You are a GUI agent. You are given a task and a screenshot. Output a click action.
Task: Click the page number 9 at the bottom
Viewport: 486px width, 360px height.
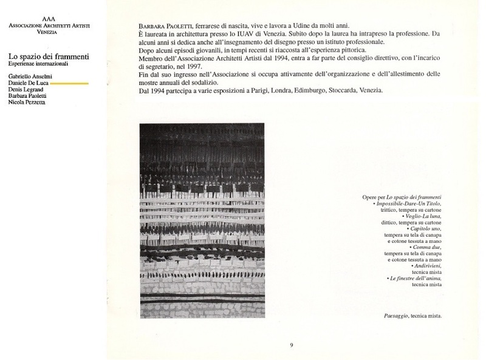tap(292, 345)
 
